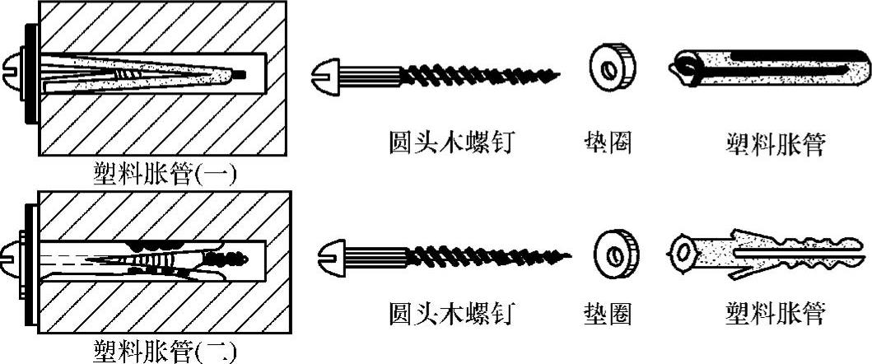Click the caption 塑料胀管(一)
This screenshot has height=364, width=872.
point(166,174)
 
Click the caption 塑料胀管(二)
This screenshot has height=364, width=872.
point(166,352)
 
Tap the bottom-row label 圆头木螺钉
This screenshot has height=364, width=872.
point(450,314)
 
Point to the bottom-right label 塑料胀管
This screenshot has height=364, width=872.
point(774,314)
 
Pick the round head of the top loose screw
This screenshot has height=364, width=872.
point(326,77)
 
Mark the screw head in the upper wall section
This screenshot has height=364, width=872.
point(17,72)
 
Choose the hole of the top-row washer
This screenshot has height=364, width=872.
point(607,70)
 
